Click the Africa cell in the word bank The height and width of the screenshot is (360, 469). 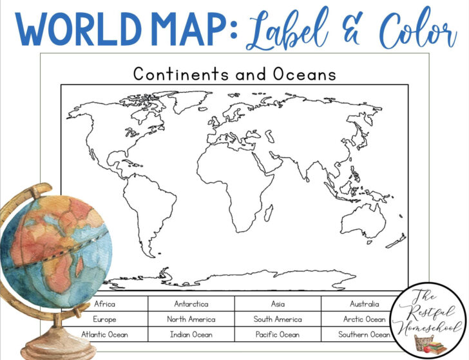click(105, 304)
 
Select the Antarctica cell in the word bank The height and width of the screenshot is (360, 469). click(191, 304)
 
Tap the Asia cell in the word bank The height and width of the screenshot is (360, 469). click(278, 304)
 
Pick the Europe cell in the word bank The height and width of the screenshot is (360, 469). click(105, 319)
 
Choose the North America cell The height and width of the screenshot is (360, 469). click(191, 319)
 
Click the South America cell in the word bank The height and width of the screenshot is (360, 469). click(278, 319)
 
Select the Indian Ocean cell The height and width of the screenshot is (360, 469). click(191, 334)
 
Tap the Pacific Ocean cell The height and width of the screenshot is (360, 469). click(278, 334)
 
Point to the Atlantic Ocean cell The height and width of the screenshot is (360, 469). click(105, 334)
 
